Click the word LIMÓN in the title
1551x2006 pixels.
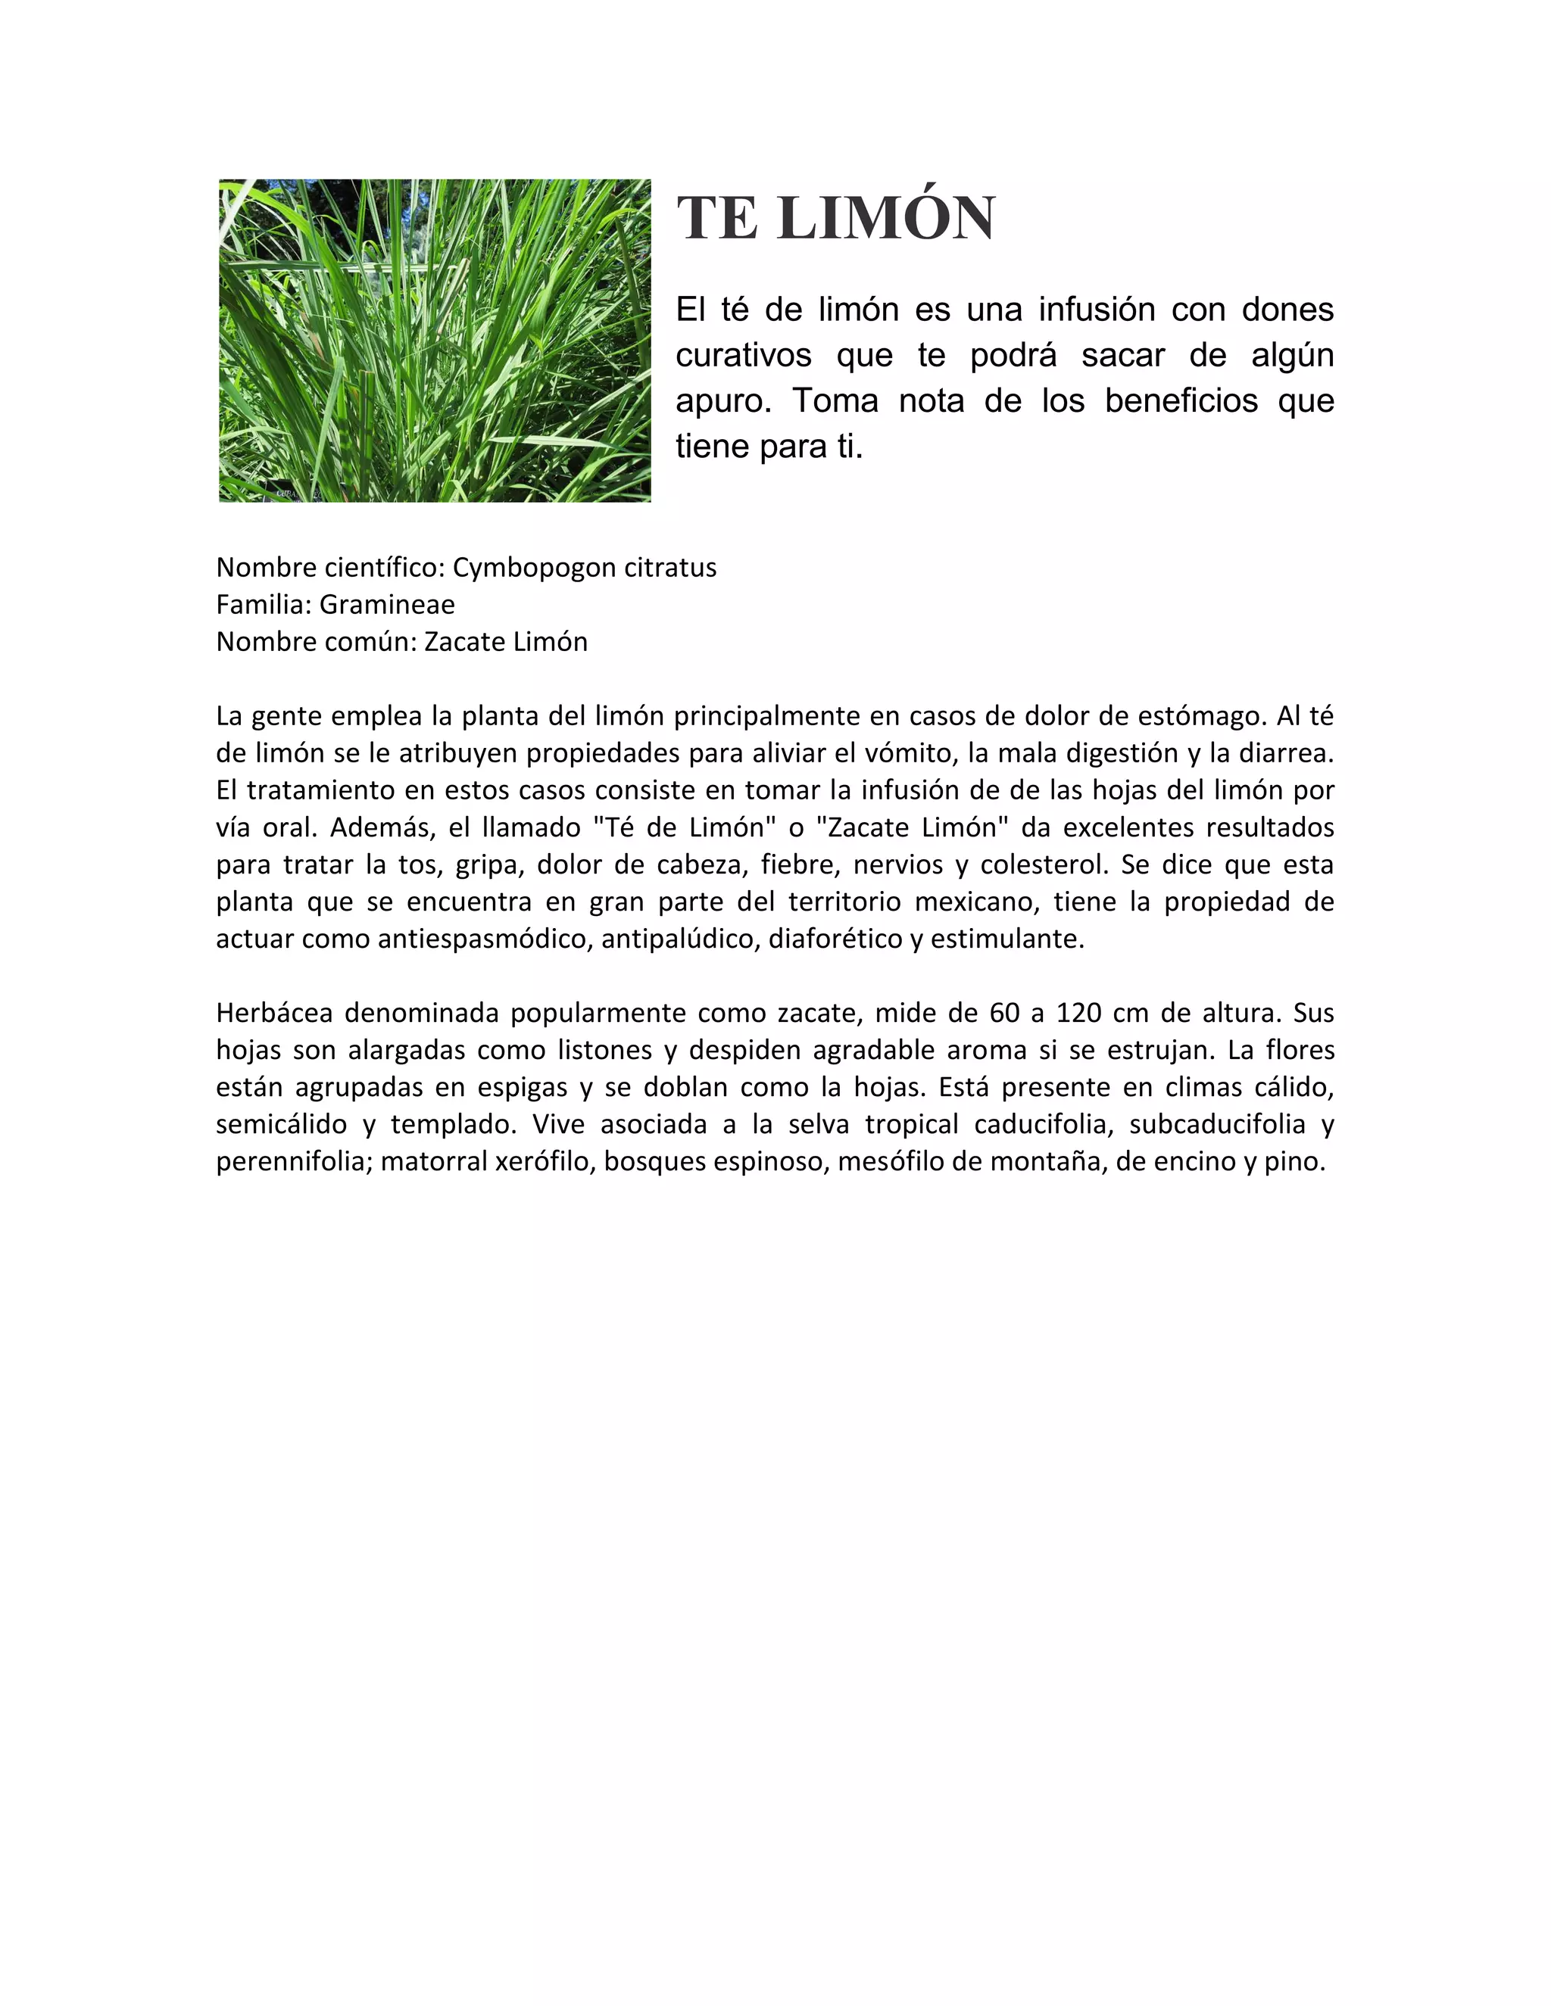coord(885,219)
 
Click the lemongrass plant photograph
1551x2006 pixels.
coord(435,341)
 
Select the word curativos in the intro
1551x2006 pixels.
coord(744,356)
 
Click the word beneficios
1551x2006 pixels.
coord(1181,400)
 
